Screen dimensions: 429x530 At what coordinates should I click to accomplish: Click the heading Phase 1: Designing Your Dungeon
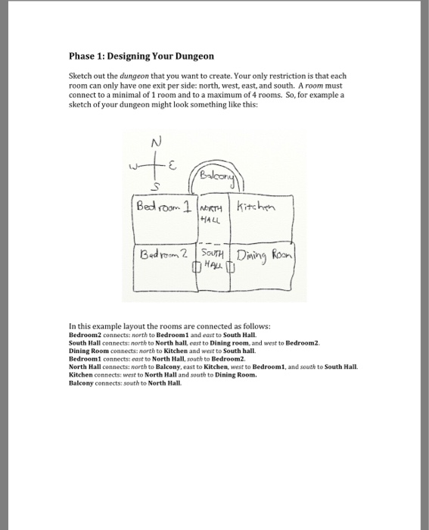(x=141, y=56)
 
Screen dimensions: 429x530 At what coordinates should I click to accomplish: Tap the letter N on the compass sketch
(x=156, y=142)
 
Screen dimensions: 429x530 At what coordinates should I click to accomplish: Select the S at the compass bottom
(x=157, y=186)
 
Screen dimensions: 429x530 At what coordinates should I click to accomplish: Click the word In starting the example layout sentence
(x=72, y=325)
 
